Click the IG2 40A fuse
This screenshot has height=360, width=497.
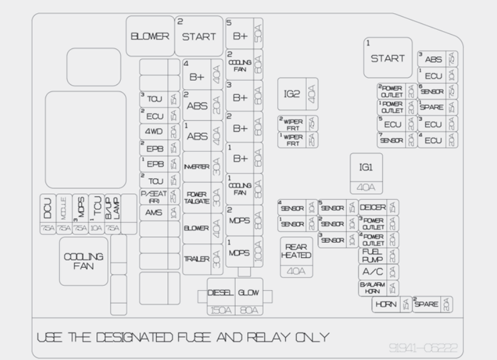(x=298, y=94)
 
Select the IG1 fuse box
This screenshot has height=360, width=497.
(x=366, y=173)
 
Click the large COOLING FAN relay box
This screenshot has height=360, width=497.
(x=83, y=261)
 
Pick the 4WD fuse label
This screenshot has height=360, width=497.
(x=153, y=132)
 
